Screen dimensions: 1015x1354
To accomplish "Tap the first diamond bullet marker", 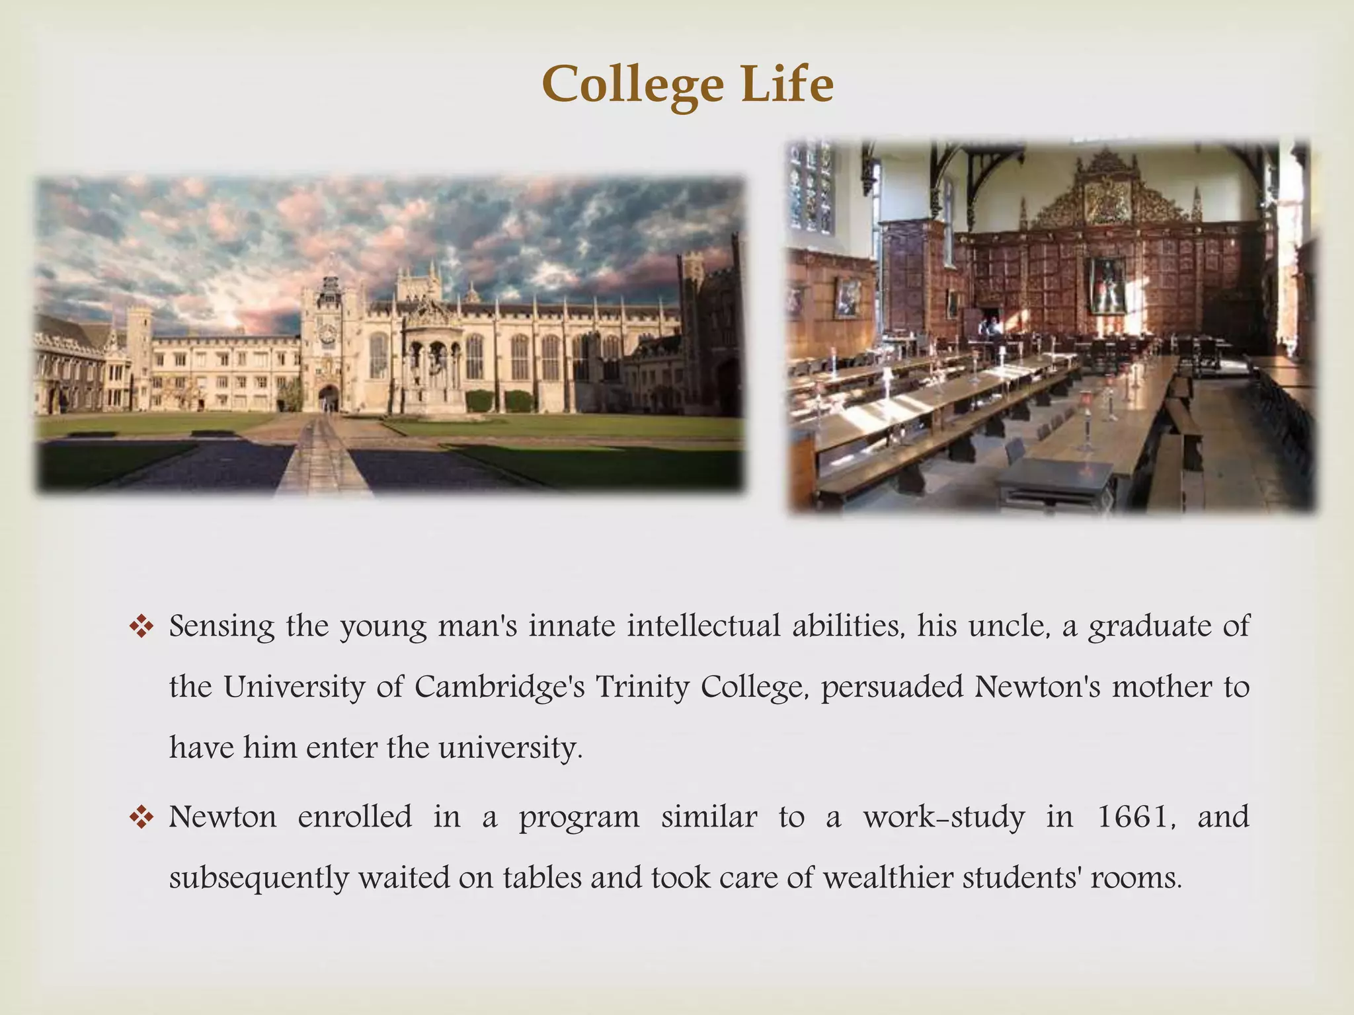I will pyautogui.click(x=141, y=627).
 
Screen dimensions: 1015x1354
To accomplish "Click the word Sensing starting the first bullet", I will pyautogui.click(x=221, y=626).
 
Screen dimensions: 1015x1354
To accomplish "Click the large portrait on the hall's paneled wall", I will pyautogui.click(x=1107, y=285).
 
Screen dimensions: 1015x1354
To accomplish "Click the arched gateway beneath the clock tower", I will pyautogui.click(x=328, y=398).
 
